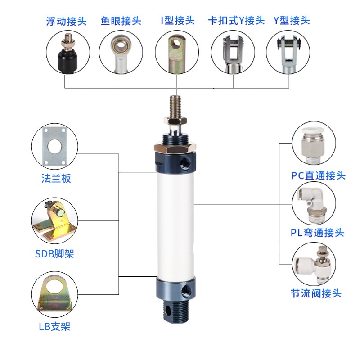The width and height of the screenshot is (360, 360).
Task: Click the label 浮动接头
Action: [67, 21]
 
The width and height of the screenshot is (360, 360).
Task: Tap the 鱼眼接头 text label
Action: [121, 21]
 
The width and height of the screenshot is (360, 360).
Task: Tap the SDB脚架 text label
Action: [54, 254]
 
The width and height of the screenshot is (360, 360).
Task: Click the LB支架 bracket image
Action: [54, 295]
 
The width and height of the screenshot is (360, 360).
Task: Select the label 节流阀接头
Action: [316, 294]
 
